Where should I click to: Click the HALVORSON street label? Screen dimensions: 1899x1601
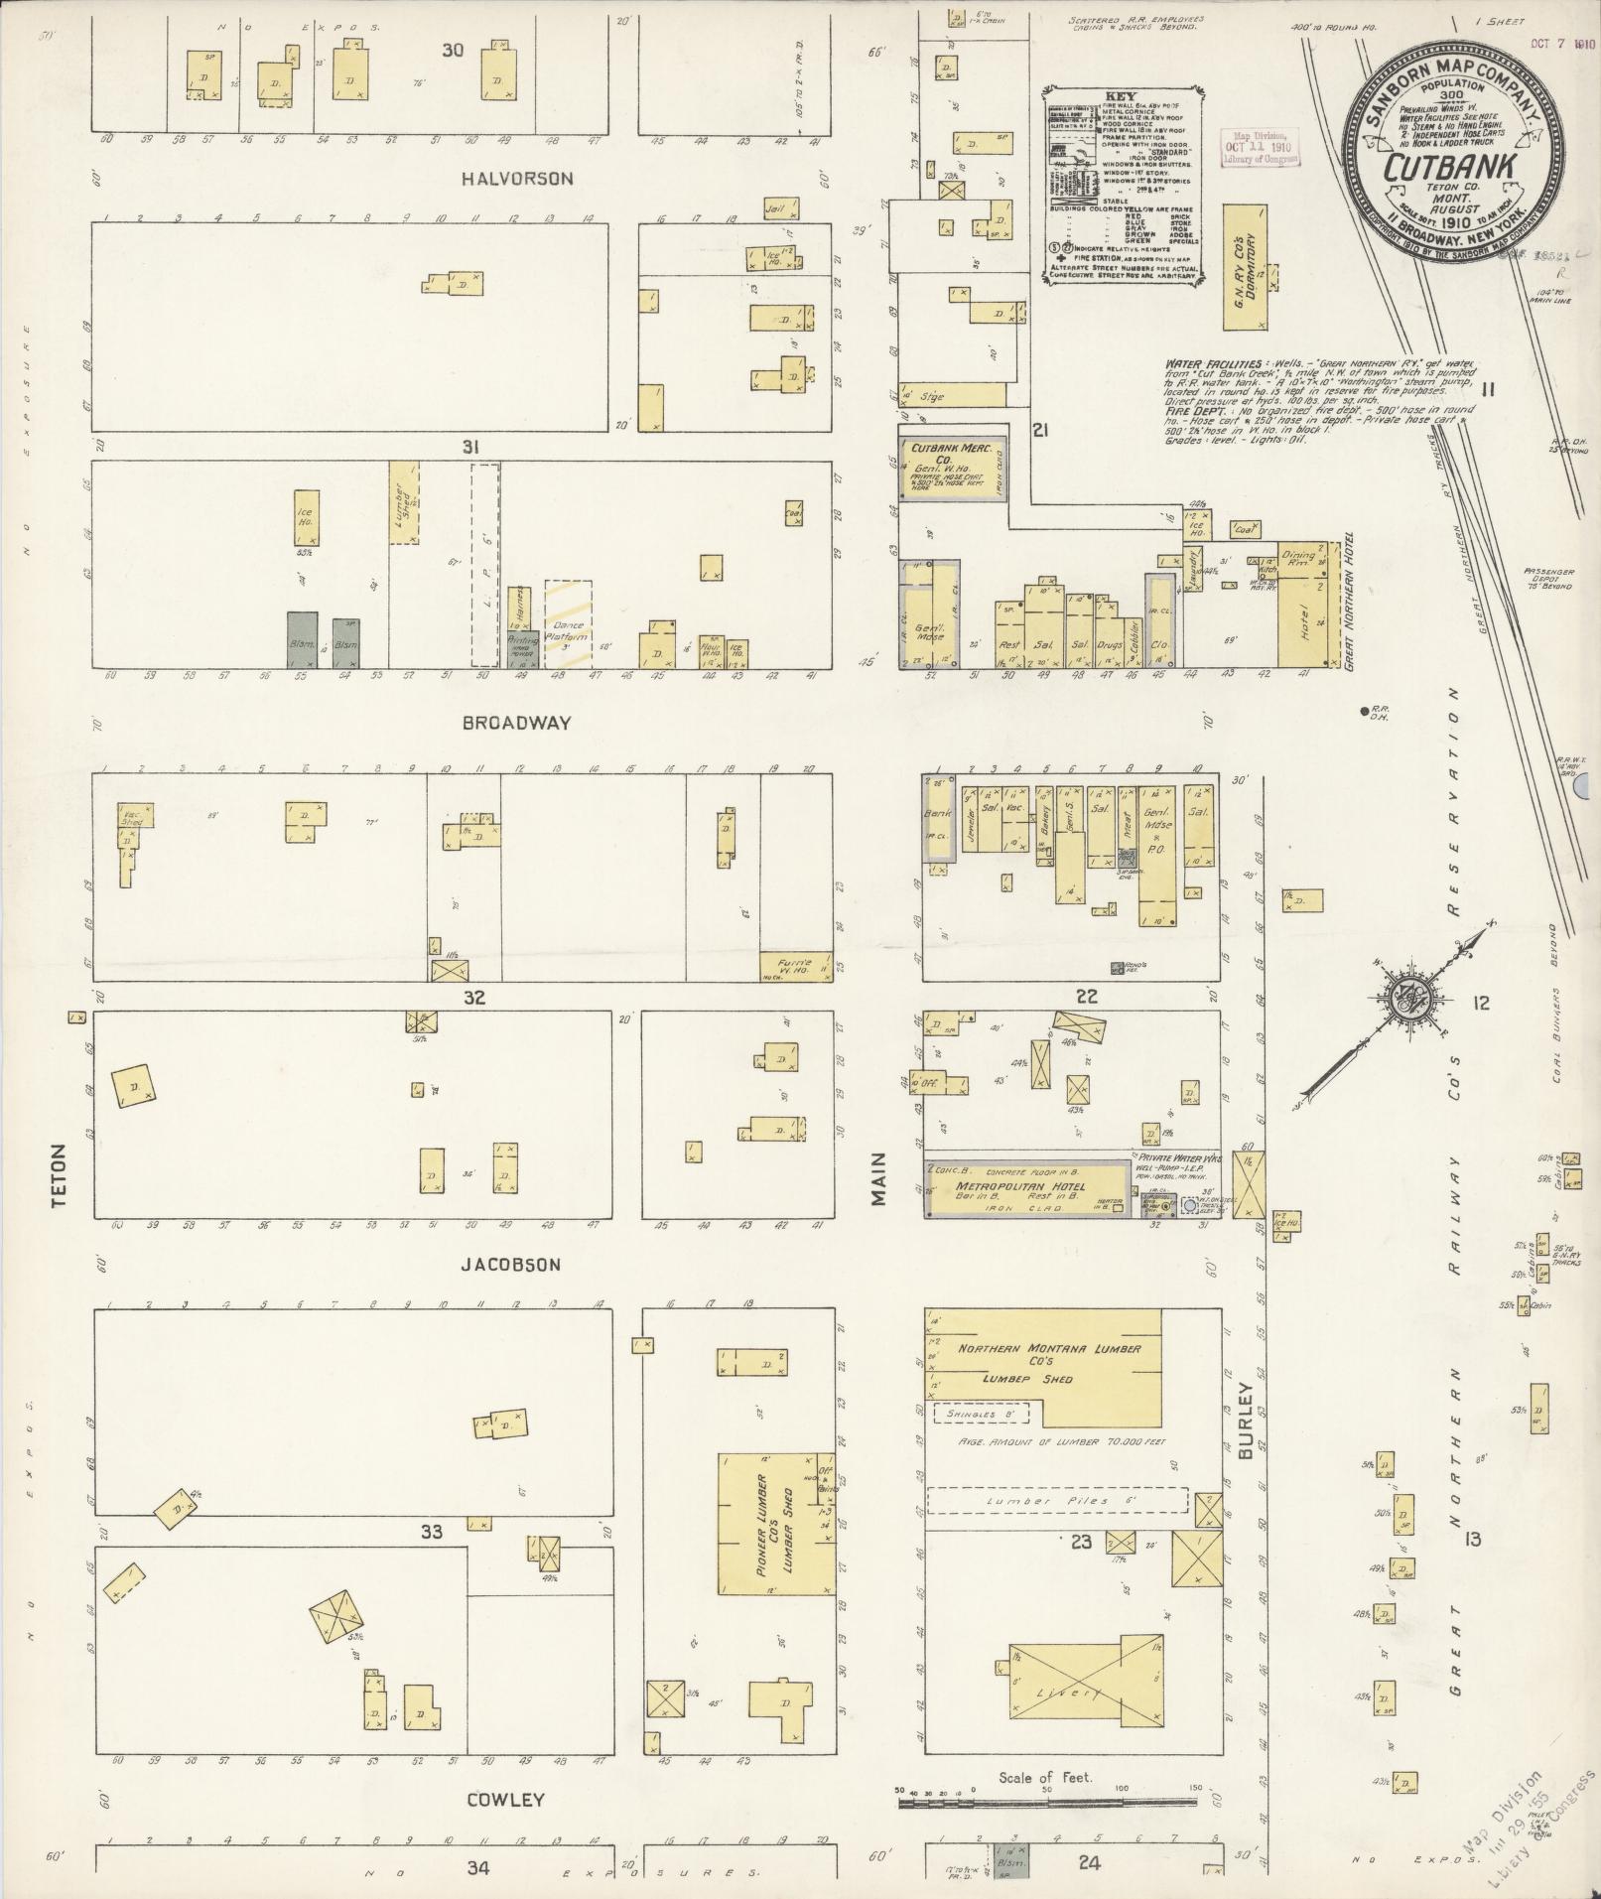coord(517,179)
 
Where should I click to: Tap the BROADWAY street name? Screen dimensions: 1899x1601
coord(517,723)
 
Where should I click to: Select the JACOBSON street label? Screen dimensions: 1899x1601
coord(511,1265)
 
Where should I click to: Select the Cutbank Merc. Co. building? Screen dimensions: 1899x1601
coord(953,467)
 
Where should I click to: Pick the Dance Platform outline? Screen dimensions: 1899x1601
coord(568,623)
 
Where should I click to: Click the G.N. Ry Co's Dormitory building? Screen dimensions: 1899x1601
coord(1245,268)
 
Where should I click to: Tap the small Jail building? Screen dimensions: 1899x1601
coord(782,209)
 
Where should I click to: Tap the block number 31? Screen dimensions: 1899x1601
coord(470,448)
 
